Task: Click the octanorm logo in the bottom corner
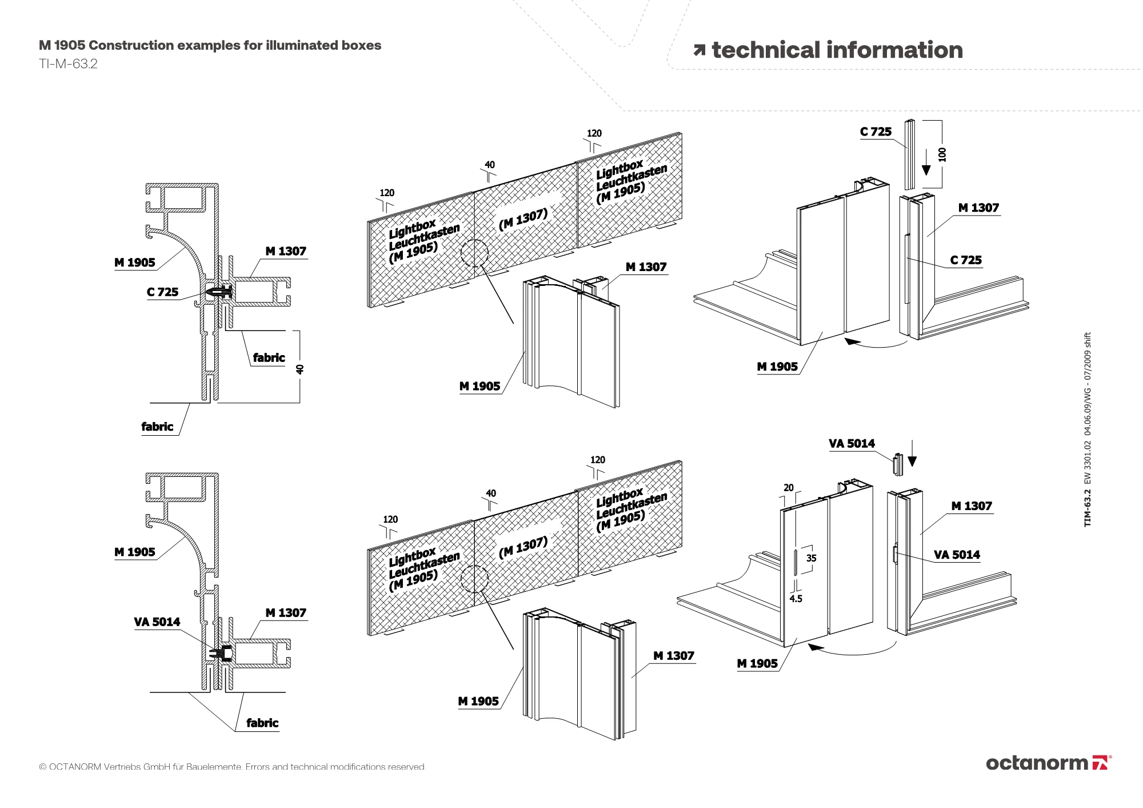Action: pyautogui.click(x=1048, y=763)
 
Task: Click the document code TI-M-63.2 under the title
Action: pyautogui.click(x=68, y=64)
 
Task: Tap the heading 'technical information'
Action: pyautogui.click(x=837, y=50)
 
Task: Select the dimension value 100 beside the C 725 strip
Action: pyautogui.click(x=942, y=154)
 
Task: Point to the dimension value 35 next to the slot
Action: pyautogui.click(x=811, y=558)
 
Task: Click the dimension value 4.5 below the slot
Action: pyautogui.click(x=796, y=599)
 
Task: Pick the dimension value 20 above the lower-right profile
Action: pyautogui.click(x=789, y=488)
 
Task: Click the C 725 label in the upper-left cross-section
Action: pyautogui.click(x=162, y=292)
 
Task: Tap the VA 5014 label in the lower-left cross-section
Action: pyautogui.click(x=157, y=622)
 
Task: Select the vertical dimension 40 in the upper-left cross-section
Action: pyautogui.click(x=300, y=369)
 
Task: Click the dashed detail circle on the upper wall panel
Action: pyautogui.click(x=474, y=253)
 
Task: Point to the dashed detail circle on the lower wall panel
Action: pyautogui.click(x=474, y=579)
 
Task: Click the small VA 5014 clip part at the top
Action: pyautogui.click(x=898, y=464)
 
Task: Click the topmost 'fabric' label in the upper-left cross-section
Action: pyautogui.click(x=269, y=358)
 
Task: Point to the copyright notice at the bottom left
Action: pyautogui.click(x=232, y=767)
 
